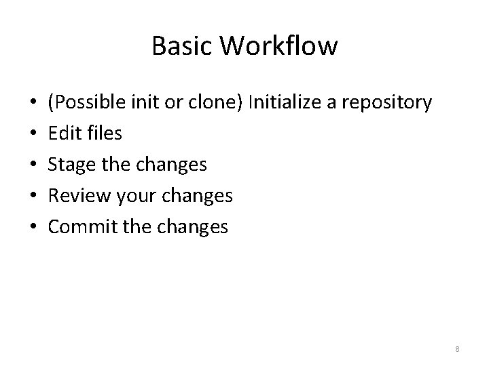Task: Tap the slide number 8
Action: (x=457, y=349)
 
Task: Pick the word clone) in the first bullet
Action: (x=211, y=102)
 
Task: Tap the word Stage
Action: (x=69, y=165)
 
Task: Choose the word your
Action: (x=135, y=196)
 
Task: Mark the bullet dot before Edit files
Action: (x=33, y=134)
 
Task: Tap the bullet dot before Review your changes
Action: (x=33, y=197)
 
